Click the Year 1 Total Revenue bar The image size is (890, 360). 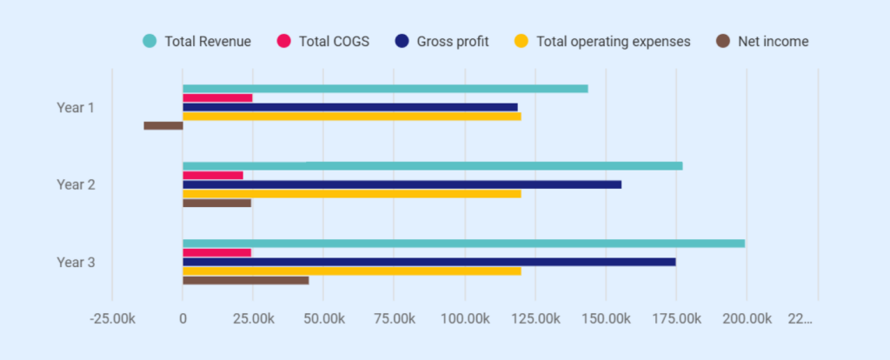click(x=385, y=89)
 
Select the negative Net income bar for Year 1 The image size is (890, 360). click(x=163, y=126)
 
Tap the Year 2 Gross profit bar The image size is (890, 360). click(x=402, y=184)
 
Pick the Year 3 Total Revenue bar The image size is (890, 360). click(x=463, y=243)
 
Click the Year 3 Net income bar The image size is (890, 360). click(x=245, y=281)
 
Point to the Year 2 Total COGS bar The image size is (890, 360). click(x=213, y=176)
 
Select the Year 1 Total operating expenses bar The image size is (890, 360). click(x=351, y=117)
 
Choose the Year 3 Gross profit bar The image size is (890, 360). click(x=428, y=262)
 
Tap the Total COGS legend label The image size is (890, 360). click(x=334, y=41)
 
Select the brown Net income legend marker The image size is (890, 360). click(x=722, y=41)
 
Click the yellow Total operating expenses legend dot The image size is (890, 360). click(x=521, y=41)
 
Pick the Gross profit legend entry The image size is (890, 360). click(x=452, y=41)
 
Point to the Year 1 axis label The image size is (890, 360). click(x=76, y=108)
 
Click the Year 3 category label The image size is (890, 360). click(x=76, y=262)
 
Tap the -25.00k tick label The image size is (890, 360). click(x=112, y=319)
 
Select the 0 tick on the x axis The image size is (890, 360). click(x=183, y=319)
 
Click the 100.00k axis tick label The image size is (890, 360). click(x=464, y=319)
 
